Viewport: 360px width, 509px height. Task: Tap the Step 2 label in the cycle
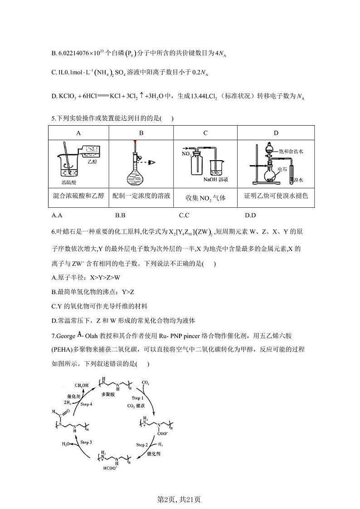(142, 445)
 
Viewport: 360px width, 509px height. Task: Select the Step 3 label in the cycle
(86, 442)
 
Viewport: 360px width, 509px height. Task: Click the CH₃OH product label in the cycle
(82, 386)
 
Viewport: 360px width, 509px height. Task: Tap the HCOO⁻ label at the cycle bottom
(109, 469)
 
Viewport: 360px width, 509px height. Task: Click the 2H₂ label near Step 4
(67, 402)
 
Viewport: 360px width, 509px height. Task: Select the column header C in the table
(205, 133)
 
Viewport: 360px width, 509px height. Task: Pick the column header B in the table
(141, 133)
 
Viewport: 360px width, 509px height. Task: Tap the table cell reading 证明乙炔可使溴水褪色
(276, 196)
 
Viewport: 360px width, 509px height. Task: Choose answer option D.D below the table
(250, 215)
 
